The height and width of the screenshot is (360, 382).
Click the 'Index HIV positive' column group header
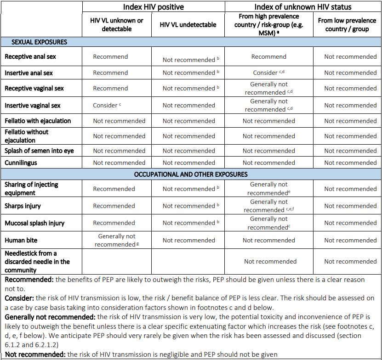[154, 7]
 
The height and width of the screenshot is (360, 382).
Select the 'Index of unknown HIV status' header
[303, 7]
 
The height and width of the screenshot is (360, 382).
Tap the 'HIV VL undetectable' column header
[188, 25]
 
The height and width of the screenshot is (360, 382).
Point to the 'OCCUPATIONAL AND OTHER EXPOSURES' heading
[191, 174]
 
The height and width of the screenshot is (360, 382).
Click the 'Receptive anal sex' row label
[30, 57]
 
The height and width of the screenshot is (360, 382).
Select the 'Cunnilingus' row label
[21, 163]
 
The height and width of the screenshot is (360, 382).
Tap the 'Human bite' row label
[21, 240]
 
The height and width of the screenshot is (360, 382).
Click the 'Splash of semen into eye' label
[39, 151]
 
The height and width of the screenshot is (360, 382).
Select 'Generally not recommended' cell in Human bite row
[117, 240]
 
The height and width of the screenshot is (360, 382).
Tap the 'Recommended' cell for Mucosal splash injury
[114, 223]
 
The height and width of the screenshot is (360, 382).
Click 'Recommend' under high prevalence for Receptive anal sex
[269, 57]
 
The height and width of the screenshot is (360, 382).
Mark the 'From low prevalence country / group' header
[347, 25]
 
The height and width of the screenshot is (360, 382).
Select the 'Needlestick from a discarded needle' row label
[37, 262]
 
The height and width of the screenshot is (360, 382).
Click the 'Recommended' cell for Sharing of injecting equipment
[114, 189]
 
